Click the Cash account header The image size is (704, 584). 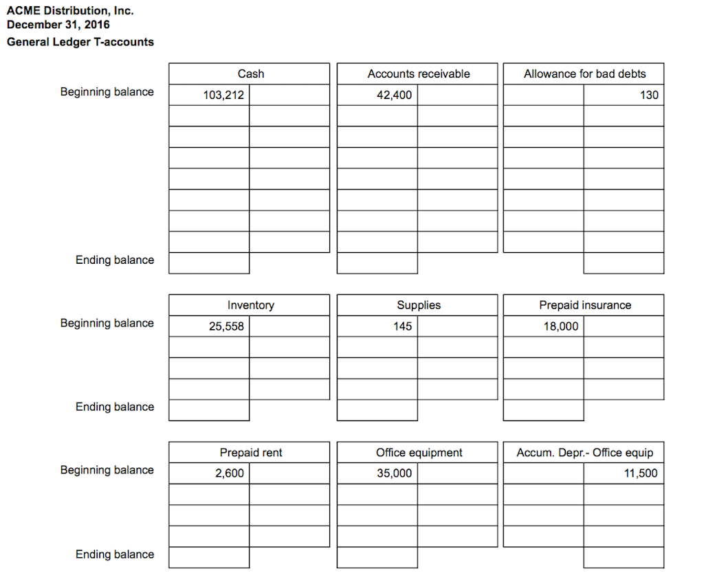coord(250,74)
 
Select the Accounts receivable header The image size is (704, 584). coord(418,74)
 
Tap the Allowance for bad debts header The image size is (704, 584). coord(584,74)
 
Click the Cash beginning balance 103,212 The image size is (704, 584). coord(223,96)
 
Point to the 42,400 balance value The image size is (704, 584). coord(394,96)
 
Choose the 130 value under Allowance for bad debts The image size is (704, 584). coord(648,96)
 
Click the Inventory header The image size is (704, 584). coord(250,305)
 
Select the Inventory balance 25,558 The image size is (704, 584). coord(226,326)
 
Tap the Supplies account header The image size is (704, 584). coord(418,305)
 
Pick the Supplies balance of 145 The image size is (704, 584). coord(403,326)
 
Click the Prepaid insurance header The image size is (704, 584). coord(584,305)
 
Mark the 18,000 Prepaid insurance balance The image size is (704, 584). coord(560,326)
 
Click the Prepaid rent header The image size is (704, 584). coord(250,453)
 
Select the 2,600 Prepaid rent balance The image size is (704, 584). coord(229,473)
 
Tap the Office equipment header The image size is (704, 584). coord(418,453)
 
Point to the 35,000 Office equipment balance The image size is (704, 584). coord(394,473)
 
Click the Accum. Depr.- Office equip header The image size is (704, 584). coord(584,453)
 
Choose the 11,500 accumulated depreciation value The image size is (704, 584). coord(640,473)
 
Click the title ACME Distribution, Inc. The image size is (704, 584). coord(70,11)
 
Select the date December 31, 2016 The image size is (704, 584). coord(58,25)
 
